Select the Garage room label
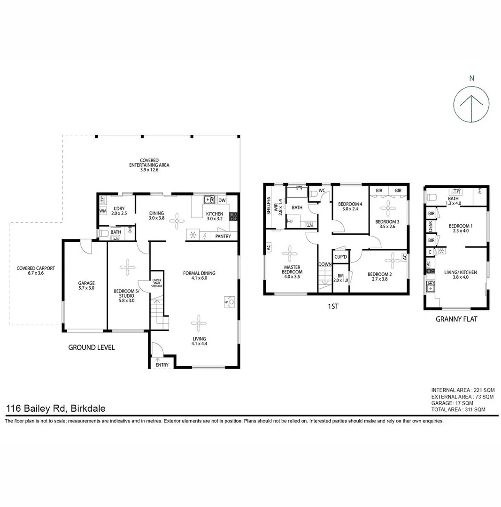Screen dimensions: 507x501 coord(86,286)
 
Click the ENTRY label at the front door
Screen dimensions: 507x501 coord(162,365)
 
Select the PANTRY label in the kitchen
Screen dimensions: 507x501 coord(223,236)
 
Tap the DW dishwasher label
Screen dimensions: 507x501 coord(222,200)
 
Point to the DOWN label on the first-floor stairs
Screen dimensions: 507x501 coord(324,264)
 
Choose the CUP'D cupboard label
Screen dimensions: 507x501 coord(340,257)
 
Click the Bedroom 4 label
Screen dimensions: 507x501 coord(350,207)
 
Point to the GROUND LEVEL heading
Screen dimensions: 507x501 coord(92,348)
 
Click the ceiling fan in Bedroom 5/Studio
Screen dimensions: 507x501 coord(127,268)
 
